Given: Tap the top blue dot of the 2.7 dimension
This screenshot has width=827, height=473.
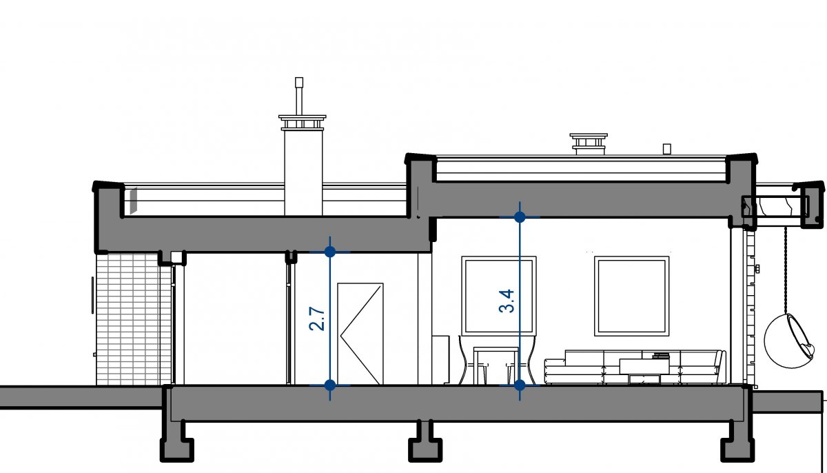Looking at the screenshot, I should (x=330, y=251).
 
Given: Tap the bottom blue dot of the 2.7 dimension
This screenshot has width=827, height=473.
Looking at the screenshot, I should (x=330, y=384).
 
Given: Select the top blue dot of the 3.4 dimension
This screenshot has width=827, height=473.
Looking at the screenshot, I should (x=520, y=217).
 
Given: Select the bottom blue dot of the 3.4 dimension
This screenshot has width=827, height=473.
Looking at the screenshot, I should (x=520, y=385).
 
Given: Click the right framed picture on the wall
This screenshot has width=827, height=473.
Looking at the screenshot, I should (x=632, y=296).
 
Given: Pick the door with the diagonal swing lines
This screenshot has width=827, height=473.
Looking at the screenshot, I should (x=360, y=332).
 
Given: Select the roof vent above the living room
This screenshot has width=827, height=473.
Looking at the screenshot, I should (x=588, y=143).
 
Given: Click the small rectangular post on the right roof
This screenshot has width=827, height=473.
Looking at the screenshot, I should (x=666, y=148).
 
